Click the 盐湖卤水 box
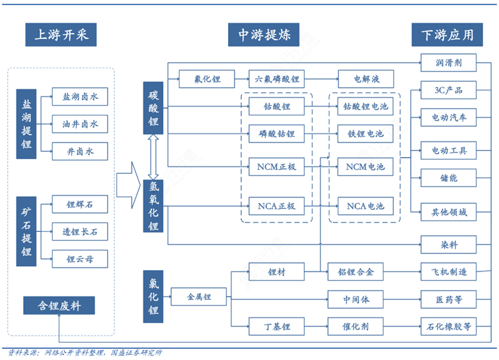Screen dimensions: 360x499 80,97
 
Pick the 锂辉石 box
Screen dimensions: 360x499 80,205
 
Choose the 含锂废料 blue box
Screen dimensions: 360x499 58,305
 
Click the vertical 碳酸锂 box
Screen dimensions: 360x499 153,108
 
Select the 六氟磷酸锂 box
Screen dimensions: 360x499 277,79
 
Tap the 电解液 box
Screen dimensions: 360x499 365,79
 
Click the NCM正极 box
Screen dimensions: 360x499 277,166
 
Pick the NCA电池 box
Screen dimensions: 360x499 365,206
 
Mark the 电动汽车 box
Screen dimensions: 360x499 449,118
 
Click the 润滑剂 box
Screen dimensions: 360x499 449,63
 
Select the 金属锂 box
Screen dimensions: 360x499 198,297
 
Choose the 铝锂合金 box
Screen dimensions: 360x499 356,271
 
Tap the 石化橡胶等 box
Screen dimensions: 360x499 449,326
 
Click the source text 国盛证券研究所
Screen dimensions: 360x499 136,353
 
